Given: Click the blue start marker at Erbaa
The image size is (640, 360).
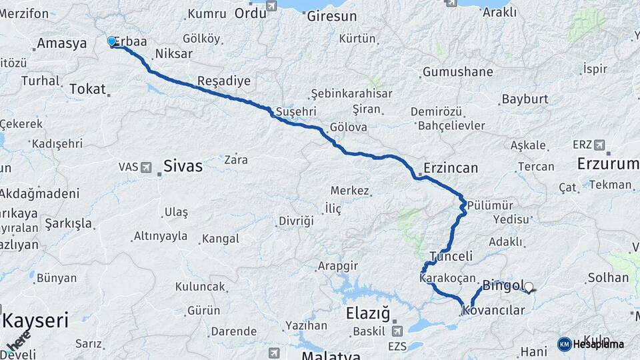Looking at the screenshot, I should point(112,41).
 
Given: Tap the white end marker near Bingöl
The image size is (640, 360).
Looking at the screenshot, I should point(529,287).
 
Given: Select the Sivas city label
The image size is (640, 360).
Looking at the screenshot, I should point(183,166).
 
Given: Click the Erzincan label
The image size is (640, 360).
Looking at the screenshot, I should point(451,168).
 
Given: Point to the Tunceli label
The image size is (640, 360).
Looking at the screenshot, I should point(451,256).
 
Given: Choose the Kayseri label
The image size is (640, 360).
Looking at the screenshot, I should point(35,321).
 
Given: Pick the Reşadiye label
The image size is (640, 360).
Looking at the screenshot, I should point(223,81).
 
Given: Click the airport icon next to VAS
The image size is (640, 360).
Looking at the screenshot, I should point(146,166).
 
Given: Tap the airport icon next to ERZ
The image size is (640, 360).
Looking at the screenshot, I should point(599,144).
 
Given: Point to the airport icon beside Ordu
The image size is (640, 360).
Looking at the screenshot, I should point(271,6).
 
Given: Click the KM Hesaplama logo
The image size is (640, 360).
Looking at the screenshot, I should point(592,344).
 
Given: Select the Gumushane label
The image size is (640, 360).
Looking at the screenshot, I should point(457,72).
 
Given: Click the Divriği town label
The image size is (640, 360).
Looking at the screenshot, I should point(296,221).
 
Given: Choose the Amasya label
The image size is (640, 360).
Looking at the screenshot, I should point(62,44).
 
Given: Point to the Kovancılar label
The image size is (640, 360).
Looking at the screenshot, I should point(493,310).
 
